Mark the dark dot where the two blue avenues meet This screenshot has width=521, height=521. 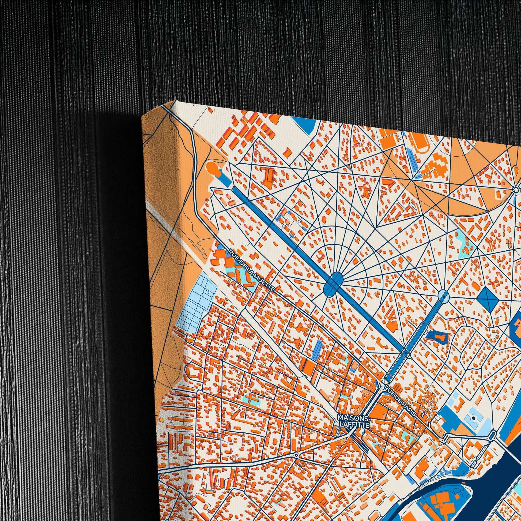(405, 352)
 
